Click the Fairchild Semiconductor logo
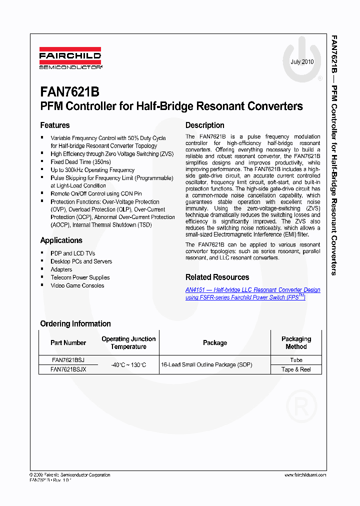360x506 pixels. (70, 58)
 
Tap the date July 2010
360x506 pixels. (302, 62)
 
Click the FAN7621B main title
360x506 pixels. (69, 92)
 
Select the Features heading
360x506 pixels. (55, 125)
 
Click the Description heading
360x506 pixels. (204, 125)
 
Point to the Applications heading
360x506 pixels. (61, 240)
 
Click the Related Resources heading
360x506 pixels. (217, 277)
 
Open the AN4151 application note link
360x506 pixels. (252, 293)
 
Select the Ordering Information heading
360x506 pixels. (75, 323)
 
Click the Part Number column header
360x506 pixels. (68, 343)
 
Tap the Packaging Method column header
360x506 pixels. (296, 342)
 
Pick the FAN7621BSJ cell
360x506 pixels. (68, 360)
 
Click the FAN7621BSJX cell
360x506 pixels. (68, 369)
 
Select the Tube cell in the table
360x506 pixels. (296, 360)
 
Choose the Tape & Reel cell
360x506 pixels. (296, 369)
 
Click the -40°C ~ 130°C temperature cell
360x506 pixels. (128, 365)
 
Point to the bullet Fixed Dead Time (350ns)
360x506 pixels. (80, 162)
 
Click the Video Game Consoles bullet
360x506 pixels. (77, 285)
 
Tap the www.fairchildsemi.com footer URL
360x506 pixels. (305, 475)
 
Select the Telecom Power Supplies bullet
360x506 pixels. (80, 277)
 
